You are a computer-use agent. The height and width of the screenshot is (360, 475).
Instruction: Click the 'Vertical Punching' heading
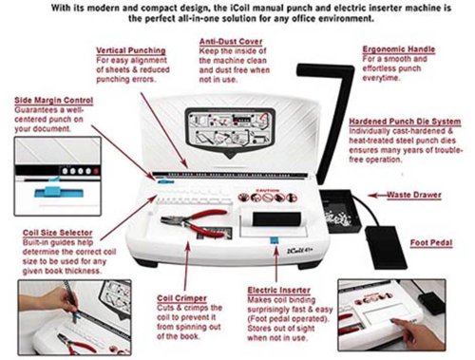pos(131,50)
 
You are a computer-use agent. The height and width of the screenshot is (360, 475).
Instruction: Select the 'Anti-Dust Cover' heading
pos(231,42)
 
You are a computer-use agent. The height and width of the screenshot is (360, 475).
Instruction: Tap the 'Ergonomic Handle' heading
pos(399,49)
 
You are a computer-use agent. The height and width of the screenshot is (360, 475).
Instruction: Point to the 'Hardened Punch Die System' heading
pos(405,122)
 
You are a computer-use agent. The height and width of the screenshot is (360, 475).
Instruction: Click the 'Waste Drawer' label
pos(414,195)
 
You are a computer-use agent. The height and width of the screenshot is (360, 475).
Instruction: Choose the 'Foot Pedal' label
pos(431,243)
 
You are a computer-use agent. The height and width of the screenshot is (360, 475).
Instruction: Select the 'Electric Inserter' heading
pos(278,290)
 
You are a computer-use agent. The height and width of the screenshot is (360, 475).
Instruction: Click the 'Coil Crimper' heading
pos(181,298)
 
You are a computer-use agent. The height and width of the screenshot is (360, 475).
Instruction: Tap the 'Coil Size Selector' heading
pos(57,233)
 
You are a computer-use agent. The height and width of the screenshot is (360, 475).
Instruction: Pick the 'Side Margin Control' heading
pos(54,101)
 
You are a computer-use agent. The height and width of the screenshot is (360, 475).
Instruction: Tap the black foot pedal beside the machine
pos(386,247)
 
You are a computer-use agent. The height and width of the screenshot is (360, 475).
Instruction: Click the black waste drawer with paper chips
pos(340,211)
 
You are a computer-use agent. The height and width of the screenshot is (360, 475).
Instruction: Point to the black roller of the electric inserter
pos(276,219)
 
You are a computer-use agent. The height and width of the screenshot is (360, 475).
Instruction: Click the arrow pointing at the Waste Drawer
pos(377,196)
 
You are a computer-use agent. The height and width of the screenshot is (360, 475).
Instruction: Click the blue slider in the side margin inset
pos(59,191)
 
